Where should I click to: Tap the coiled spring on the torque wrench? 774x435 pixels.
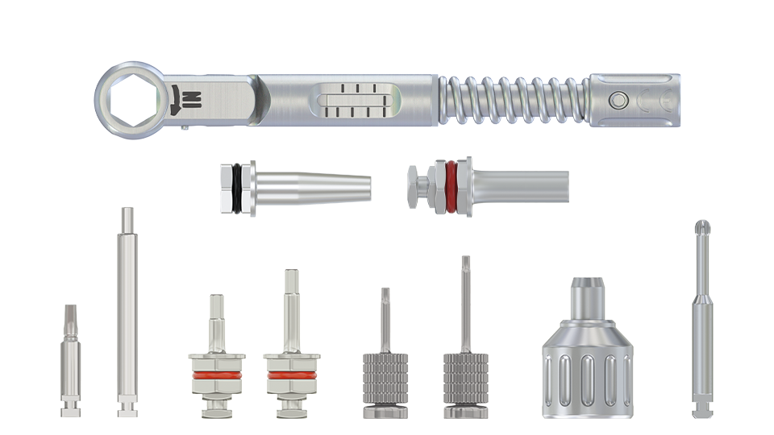513,100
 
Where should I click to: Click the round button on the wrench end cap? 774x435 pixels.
618,100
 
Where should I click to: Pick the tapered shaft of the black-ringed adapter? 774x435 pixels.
314,188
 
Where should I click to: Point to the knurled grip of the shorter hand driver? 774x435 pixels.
385,379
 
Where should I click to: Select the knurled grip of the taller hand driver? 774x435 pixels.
465,379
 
